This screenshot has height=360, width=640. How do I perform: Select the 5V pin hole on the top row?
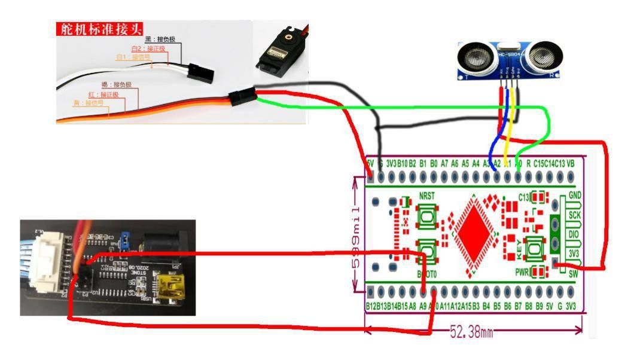tap(370, 177)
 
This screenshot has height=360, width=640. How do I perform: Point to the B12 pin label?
tap(371, 306)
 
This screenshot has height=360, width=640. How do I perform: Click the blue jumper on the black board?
tap(126, 240)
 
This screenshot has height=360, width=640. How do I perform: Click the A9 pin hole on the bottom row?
tap(423, 292)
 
